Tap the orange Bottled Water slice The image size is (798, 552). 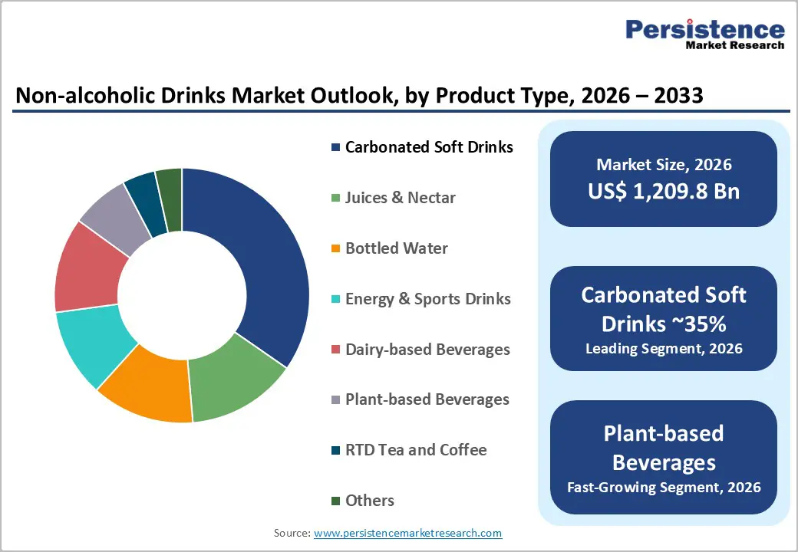[x=150, y=391]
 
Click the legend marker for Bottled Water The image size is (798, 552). [x=335, y=248]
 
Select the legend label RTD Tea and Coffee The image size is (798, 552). [x=416, y=450]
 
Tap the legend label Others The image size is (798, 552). [x=370, y=501]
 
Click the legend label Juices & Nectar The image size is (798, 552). [x=401, y=198]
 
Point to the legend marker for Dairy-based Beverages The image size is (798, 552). [x=335, y=350]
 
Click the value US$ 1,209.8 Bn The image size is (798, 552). [x=664, y=191]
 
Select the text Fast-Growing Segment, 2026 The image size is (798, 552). [x=664, y=487]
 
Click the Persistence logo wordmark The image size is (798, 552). [x=704, y=30]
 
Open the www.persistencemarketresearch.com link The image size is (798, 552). [x=408, y=533]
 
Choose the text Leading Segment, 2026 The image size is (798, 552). [x=664, y=349]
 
